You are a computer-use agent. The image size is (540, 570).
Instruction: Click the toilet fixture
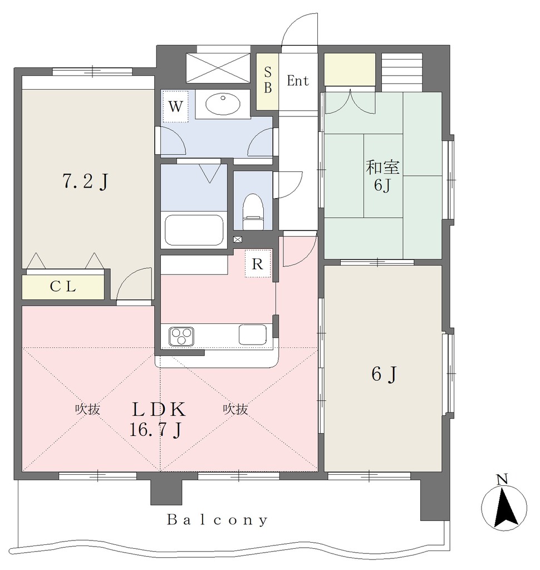tap(253, 212)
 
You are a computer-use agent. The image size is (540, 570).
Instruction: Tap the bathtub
tap(194, 230)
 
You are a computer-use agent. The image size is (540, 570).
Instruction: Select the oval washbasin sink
tap(223, 104)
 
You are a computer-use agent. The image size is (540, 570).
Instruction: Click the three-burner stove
tap(181, 336)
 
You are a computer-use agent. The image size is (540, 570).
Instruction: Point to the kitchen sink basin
tap(252, 335)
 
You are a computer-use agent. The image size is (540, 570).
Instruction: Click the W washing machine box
tap(175, 106)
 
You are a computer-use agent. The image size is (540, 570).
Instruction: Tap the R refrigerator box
tap(257, 263)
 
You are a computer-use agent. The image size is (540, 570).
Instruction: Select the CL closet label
tap(63, 287)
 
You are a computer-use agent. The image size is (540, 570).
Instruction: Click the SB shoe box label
tap(268, 80)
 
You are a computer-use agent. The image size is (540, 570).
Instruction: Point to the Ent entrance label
tap(298, 81)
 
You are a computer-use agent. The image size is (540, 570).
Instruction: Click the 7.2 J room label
tap(86, 181)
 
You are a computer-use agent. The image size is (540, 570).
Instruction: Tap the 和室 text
tap(382, 167)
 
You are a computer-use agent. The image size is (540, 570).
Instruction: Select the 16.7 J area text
tap(156, 430)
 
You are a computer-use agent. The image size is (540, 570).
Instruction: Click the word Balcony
tap(218, 520)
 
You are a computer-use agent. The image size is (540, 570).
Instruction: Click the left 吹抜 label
tap(87, 409)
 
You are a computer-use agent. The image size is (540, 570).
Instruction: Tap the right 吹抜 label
tap(235, 409)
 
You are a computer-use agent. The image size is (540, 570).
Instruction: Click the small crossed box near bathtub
tap(238, 239)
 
